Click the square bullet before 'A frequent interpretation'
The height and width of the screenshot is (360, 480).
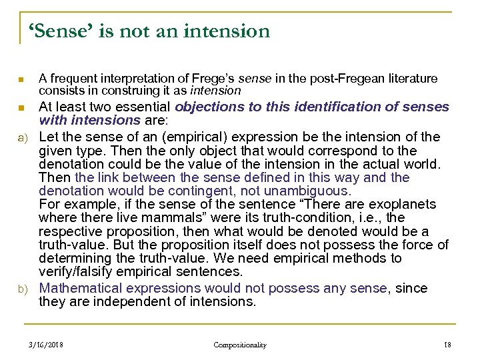click(21, 81)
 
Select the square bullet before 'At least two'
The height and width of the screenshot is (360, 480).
click(21, 107)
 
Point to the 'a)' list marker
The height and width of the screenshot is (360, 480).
click(21, 137)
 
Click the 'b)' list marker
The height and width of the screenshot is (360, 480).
click(21, 289)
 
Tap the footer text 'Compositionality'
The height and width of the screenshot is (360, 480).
click(240, 345)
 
